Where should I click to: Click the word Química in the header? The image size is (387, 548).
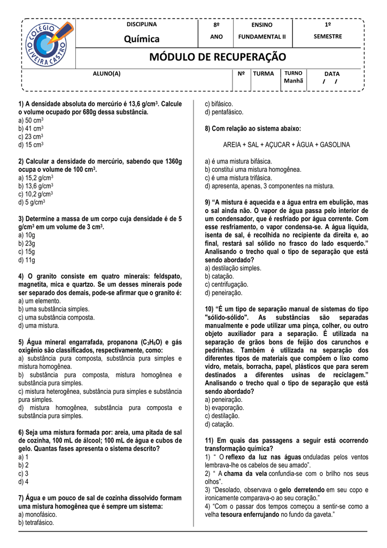pos(142,39)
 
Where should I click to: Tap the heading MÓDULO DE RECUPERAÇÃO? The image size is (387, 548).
pos(218,57)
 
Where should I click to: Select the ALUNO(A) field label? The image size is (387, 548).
pos(107,73)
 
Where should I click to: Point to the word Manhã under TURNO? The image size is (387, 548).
pos(293,81)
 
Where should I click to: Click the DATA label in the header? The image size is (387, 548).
pos(331,73)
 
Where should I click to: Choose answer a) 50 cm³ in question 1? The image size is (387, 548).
pos(30,120)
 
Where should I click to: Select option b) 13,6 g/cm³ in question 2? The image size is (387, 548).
pos(35,186)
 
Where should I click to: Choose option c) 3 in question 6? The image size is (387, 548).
pos(24,473)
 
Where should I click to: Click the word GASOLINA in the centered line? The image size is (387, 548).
pos(332,145)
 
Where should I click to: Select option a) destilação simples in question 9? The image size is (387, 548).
pos(233,268)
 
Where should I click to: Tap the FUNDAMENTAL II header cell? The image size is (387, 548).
pos(262,37)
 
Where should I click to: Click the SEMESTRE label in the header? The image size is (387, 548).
pos(328,36)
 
